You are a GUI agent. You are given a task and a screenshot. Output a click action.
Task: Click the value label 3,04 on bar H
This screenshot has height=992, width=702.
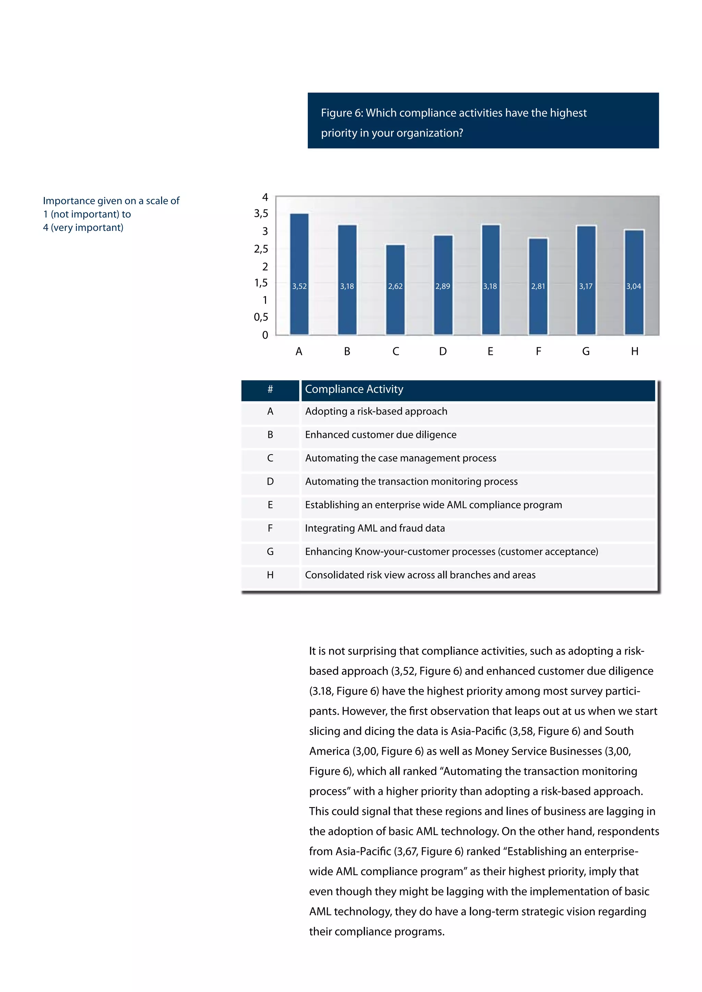click(634, 286)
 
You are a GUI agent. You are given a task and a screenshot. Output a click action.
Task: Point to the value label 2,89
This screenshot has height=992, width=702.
click(443, 286)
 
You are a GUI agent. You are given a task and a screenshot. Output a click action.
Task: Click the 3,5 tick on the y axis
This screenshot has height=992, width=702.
click(261, 213)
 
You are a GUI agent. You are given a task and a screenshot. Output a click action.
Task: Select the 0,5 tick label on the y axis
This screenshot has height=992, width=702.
click(261, 317)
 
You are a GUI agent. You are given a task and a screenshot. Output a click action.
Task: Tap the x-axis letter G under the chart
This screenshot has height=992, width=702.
click(586, 351)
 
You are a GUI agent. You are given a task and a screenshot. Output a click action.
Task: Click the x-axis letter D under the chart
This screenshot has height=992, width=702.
click(443, 351)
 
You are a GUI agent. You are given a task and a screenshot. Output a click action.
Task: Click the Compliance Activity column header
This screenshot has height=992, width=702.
click(354, 389)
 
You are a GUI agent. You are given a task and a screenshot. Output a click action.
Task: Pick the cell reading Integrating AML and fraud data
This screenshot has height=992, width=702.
click(375, 528)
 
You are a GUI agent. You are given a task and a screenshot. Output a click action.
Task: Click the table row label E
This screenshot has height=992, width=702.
click(270, 505)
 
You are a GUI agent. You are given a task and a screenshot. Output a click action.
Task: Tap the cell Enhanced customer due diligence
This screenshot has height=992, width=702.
click(380, 435)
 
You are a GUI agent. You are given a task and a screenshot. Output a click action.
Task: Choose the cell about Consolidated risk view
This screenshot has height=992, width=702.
click(420, 575)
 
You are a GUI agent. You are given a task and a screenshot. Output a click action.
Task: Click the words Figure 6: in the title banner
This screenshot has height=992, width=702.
click(342, 113)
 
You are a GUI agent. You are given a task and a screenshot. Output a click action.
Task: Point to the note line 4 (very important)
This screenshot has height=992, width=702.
click(83, 228)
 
